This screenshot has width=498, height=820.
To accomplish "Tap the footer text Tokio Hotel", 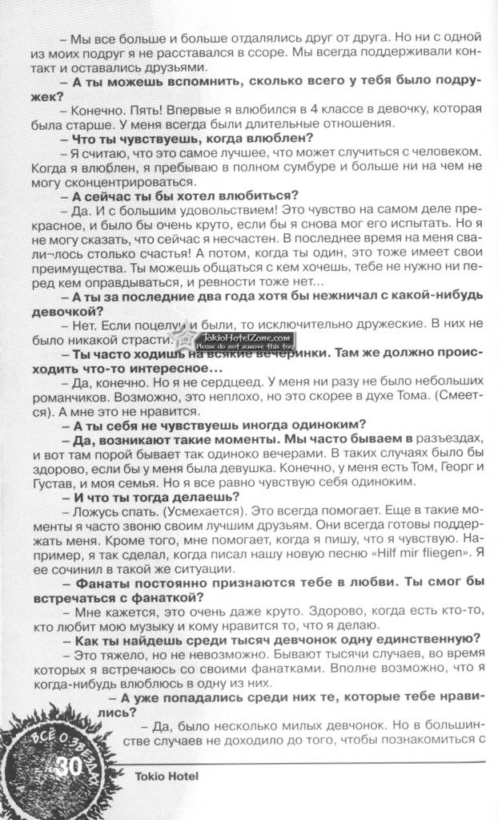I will [160, 776].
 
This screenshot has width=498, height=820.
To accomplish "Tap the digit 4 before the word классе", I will [311, 109].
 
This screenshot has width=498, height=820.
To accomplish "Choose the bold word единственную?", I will [417, 638].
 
